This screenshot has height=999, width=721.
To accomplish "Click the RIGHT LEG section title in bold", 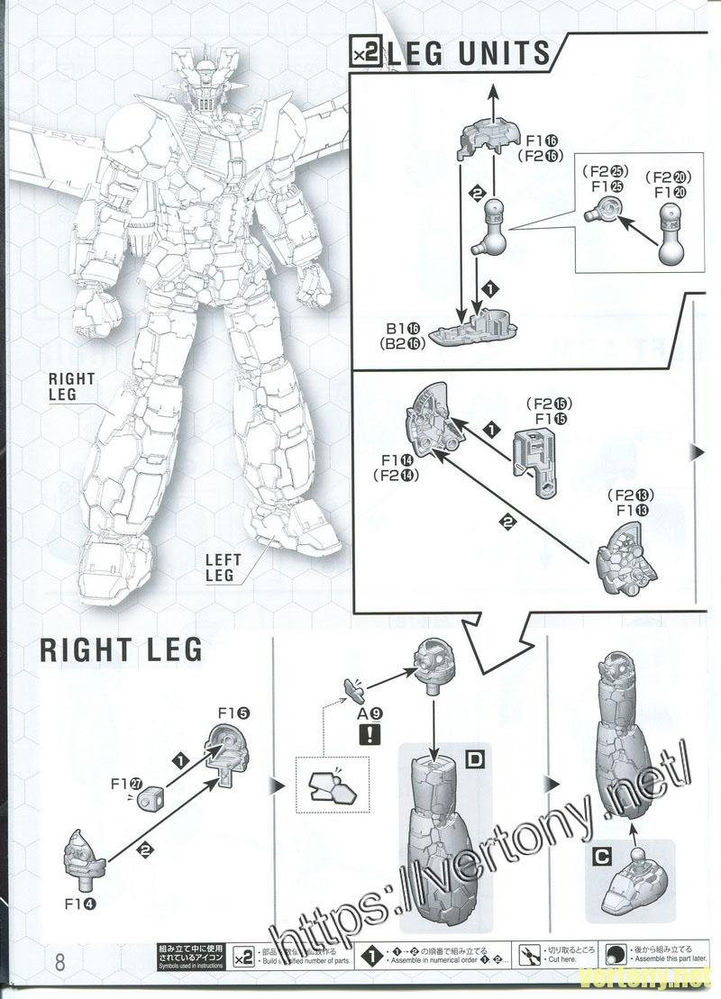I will (x=121, y=650).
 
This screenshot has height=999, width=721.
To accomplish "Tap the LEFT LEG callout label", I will (x=219, y=568).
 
